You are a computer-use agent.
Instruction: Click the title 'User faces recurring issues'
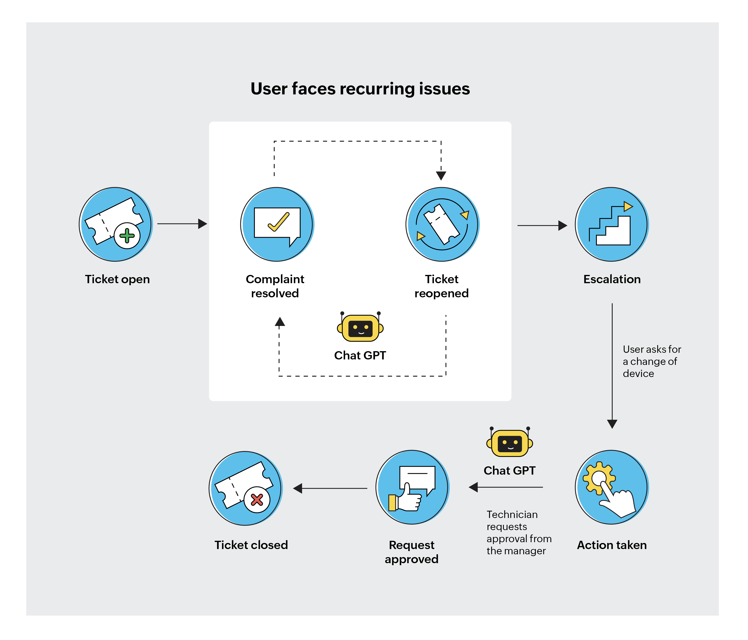(x=360, y=89)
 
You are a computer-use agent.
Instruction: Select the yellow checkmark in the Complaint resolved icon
(x=278, y=222)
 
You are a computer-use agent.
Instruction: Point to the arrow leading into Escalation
(x=542, y=226)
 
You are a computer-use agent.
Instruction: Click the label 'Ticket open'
(x=117, y=279)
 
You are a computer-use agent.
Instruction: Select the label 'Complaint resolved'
(x=275, y=286)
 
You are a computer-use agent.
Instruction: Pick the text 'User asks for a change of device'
(x=652, y=361)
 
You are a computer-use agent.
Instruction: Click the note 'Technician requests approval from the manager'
(x=519, y=532)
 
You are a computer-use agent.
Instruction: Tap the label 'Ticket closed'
(x=251, y=545)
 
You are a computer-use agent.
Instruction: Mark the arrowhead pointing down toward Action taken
(x=612, y=424)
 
